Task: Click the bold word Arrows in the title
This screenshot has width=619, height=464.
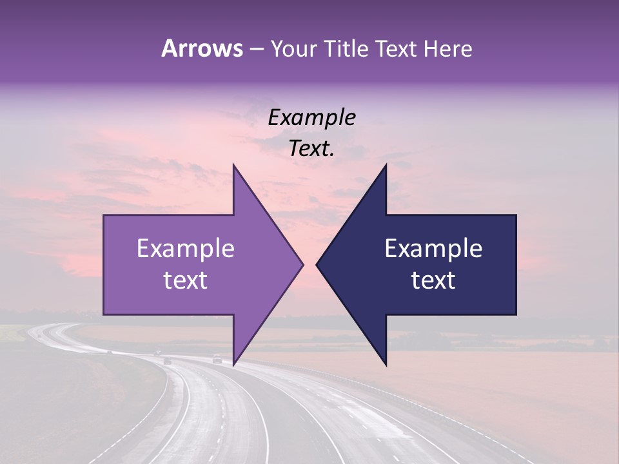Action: pyautogui.click(x=202, y=48)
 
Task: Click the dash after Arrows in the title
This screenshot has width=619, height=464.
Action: pyautogui.click(x=256, y=50)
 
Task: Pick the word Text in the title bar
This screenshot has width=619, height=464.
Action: pyautogui.click(x=397, y=48)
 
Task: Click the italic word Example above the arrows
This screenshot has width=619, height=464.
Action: pyautogui.click(x=312, y=117)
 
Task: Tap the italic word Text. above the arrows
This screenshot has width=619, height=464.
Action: pyautogui.click(x=310, y=148)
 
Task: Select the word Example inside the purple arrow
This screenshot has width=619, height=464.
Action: pyautogui.click(x=186, y=249)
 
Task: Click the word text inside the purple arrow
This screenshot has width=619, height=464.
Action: pyautogui.click(x=186, y=280)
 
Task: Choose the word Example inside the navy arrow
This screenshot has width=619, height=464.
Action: pyautogui.click(x=433, y=249)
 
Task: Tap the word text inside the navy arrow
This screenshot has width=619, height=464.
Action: pyautogui.click(x=433, y=280)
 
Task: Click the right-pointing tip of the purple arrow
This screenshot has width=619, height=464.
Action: pyautogui.click(x=302, y=264)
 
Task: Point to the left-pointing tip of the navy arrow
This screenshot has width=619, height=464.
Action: pyautogui.click(x=317, y=264)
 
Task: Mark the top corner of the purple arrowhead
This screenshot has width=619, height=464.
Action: pyautogui.click(x=233, y=165)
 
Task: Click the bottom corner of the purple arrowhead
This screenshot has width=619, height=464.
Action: pyautogui.click(x=233, y=364)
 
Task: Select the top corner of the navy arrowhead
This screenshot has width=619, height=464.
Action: pyautogui.click(x=386, y=165)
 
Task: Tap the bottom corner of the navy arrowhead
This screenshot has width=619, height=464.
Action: pyautogui.click(x=386, y=364)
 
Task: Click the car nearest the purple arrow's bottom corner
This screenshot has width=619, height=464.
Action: pyautogui.click(x=217, y=360)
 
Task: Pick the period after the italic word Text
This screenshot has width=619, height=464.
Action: pyautogui.click(x=332, y=155)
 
